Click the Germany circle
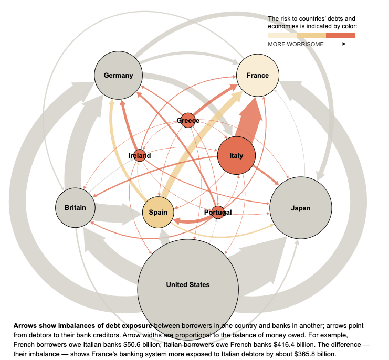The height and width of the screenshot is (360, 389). (x=118, y=75)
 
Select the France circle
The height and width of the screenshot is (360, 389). (x=258, y=75)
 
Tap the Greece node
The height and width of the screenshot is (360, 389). (x=188, y=121)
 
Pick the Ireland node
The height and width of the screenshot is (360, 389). (x=140, y=155)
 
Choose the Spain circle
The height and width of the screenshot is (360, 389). (x=158, y=212)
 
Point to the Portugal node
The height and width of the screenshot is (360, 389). (x=218, y=213)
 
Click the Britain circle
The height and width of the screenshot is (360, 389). (x=78, y=207)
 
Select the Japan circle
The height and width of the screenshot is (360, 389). (x=300, y=208)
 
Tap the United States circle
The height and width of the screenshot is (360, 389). (x=187, y=285)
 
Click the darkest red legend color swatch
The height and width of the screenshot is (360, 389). (x=340, y=35)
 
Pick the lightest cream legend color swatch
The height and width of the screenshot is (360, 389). (x=282, y=35)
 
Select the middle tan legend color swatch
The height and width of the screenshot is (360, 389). (x=311, y=35)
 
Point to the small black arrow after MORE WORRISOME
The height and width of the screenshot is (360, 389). (x=336, y=44)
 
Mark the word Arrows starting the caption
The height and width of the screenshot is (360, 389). (x=24, y=326)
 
